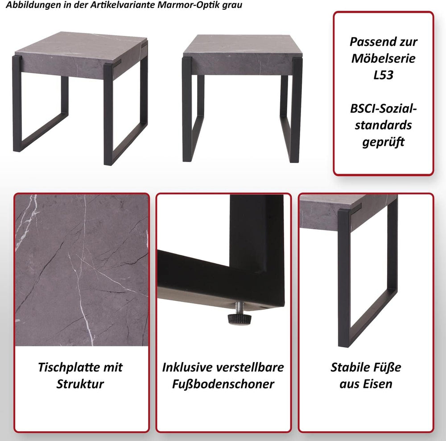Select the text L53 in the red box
click(x=384, y=75)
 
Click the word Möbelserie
click(x=384, y=58)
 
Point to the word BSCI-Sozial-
click(x=384, y=108)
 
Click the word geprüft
click(x=384, y=142)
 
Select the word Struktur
click(x=80, y=384)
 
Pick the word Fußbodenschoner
click(x=223, y=384)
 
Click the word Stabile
click(x=349, y=367)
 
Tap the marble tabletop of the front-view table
click(x=243, y=45)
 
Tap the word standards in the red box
click(x=384, y=125)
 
